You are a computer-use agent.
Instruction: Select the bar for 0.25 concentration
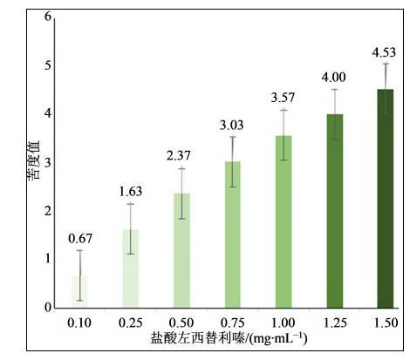point(130,268)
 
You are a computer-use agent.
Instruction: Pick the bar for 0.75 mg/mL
point(232,234)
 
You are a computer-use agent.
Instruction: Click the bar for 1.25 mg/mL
point(333,211)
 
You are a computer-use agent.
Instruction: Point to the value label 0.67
point(79,238)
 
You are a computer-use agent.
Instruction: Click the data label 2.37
point(181,156)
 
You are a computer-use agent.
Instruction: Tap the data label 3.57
point(283,97)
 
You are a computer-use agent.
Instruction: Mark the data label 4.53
point(384,51)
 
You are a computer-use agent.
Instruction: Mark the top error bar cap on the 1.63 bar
point(130,204)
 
